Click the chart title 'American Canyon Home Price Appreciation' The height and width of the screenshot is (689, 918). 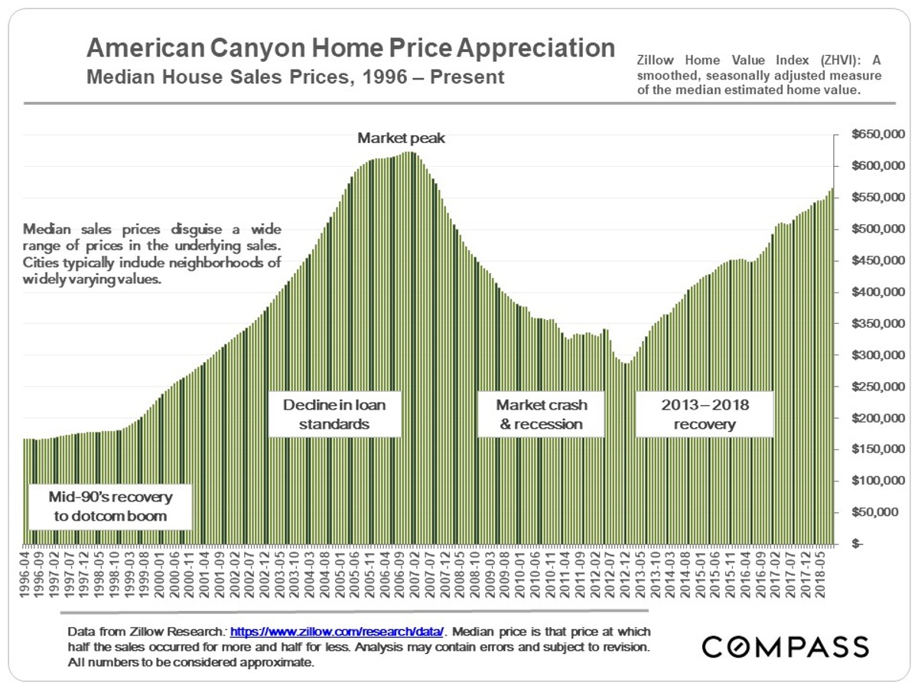(350, 48)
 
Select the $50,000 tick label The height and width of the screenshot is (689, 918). (880, 512)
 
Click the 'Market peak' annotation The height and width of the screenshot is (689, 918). (402, 139)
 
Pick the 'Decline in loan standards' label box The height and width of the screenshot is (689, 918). (334, 414)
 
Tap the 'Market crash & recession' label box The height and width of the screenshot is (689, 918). (539, 414)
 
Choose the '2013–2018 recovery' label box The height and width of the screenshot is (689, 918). (705, 414)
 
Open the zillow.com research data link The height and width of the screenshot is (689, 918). (337, 632)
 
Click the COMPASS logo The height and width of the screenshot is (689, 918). (786, 646)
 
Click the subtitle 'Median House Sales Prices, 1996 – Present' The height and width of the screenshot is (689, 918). (295, 77)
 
